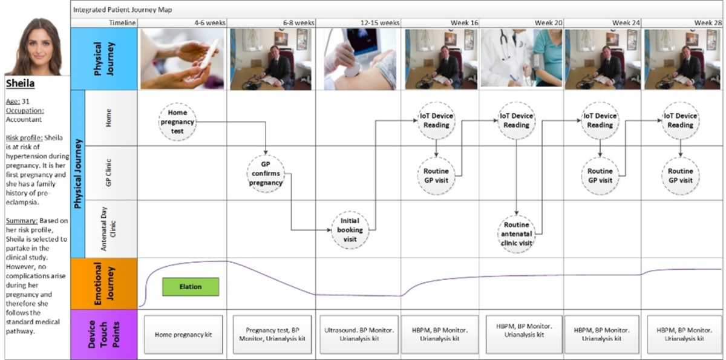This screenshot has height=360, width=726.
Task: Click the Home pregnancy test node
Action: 177,122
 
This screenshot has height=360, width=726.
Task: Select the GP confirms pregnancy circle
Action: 266,174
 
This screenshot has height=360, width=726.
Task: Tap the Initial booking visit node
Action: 350,230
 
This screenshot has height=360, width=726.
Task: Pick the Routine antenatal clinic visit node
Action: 516,234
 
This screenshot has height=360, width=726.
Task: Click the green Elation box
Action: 191,287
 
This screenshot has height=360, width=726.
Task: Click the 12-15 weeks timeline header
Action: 380,23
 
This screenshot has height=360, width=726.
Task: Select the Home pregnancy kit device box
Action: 183,335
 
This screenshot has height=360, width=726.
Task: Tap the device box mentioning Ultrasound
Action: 359,335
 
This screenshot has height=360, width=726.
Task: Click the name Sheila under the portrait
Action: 20,83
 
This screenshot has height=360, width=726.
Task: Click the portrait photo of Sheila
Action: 38,47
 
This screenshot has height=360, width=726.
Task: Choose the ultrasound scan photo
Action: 360,59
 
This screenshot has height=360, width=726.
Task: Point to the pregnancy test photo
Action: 182,59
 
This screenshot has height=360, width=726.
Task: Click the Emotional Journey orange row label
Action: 104,284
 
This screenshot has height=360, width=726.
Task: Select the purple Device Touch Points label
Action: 104,335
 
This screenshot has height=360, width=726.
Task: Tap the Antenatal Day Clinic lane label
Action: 108,229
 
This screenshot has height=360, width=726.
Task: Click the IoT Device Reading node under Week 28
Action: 680,120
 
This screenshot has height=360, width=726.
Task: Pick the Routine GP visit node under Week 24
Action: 600,176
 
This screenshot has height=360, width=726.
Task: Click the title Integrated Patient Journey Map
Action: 122,10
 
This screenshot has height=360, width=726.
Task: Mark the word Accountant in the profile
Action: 24,120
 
